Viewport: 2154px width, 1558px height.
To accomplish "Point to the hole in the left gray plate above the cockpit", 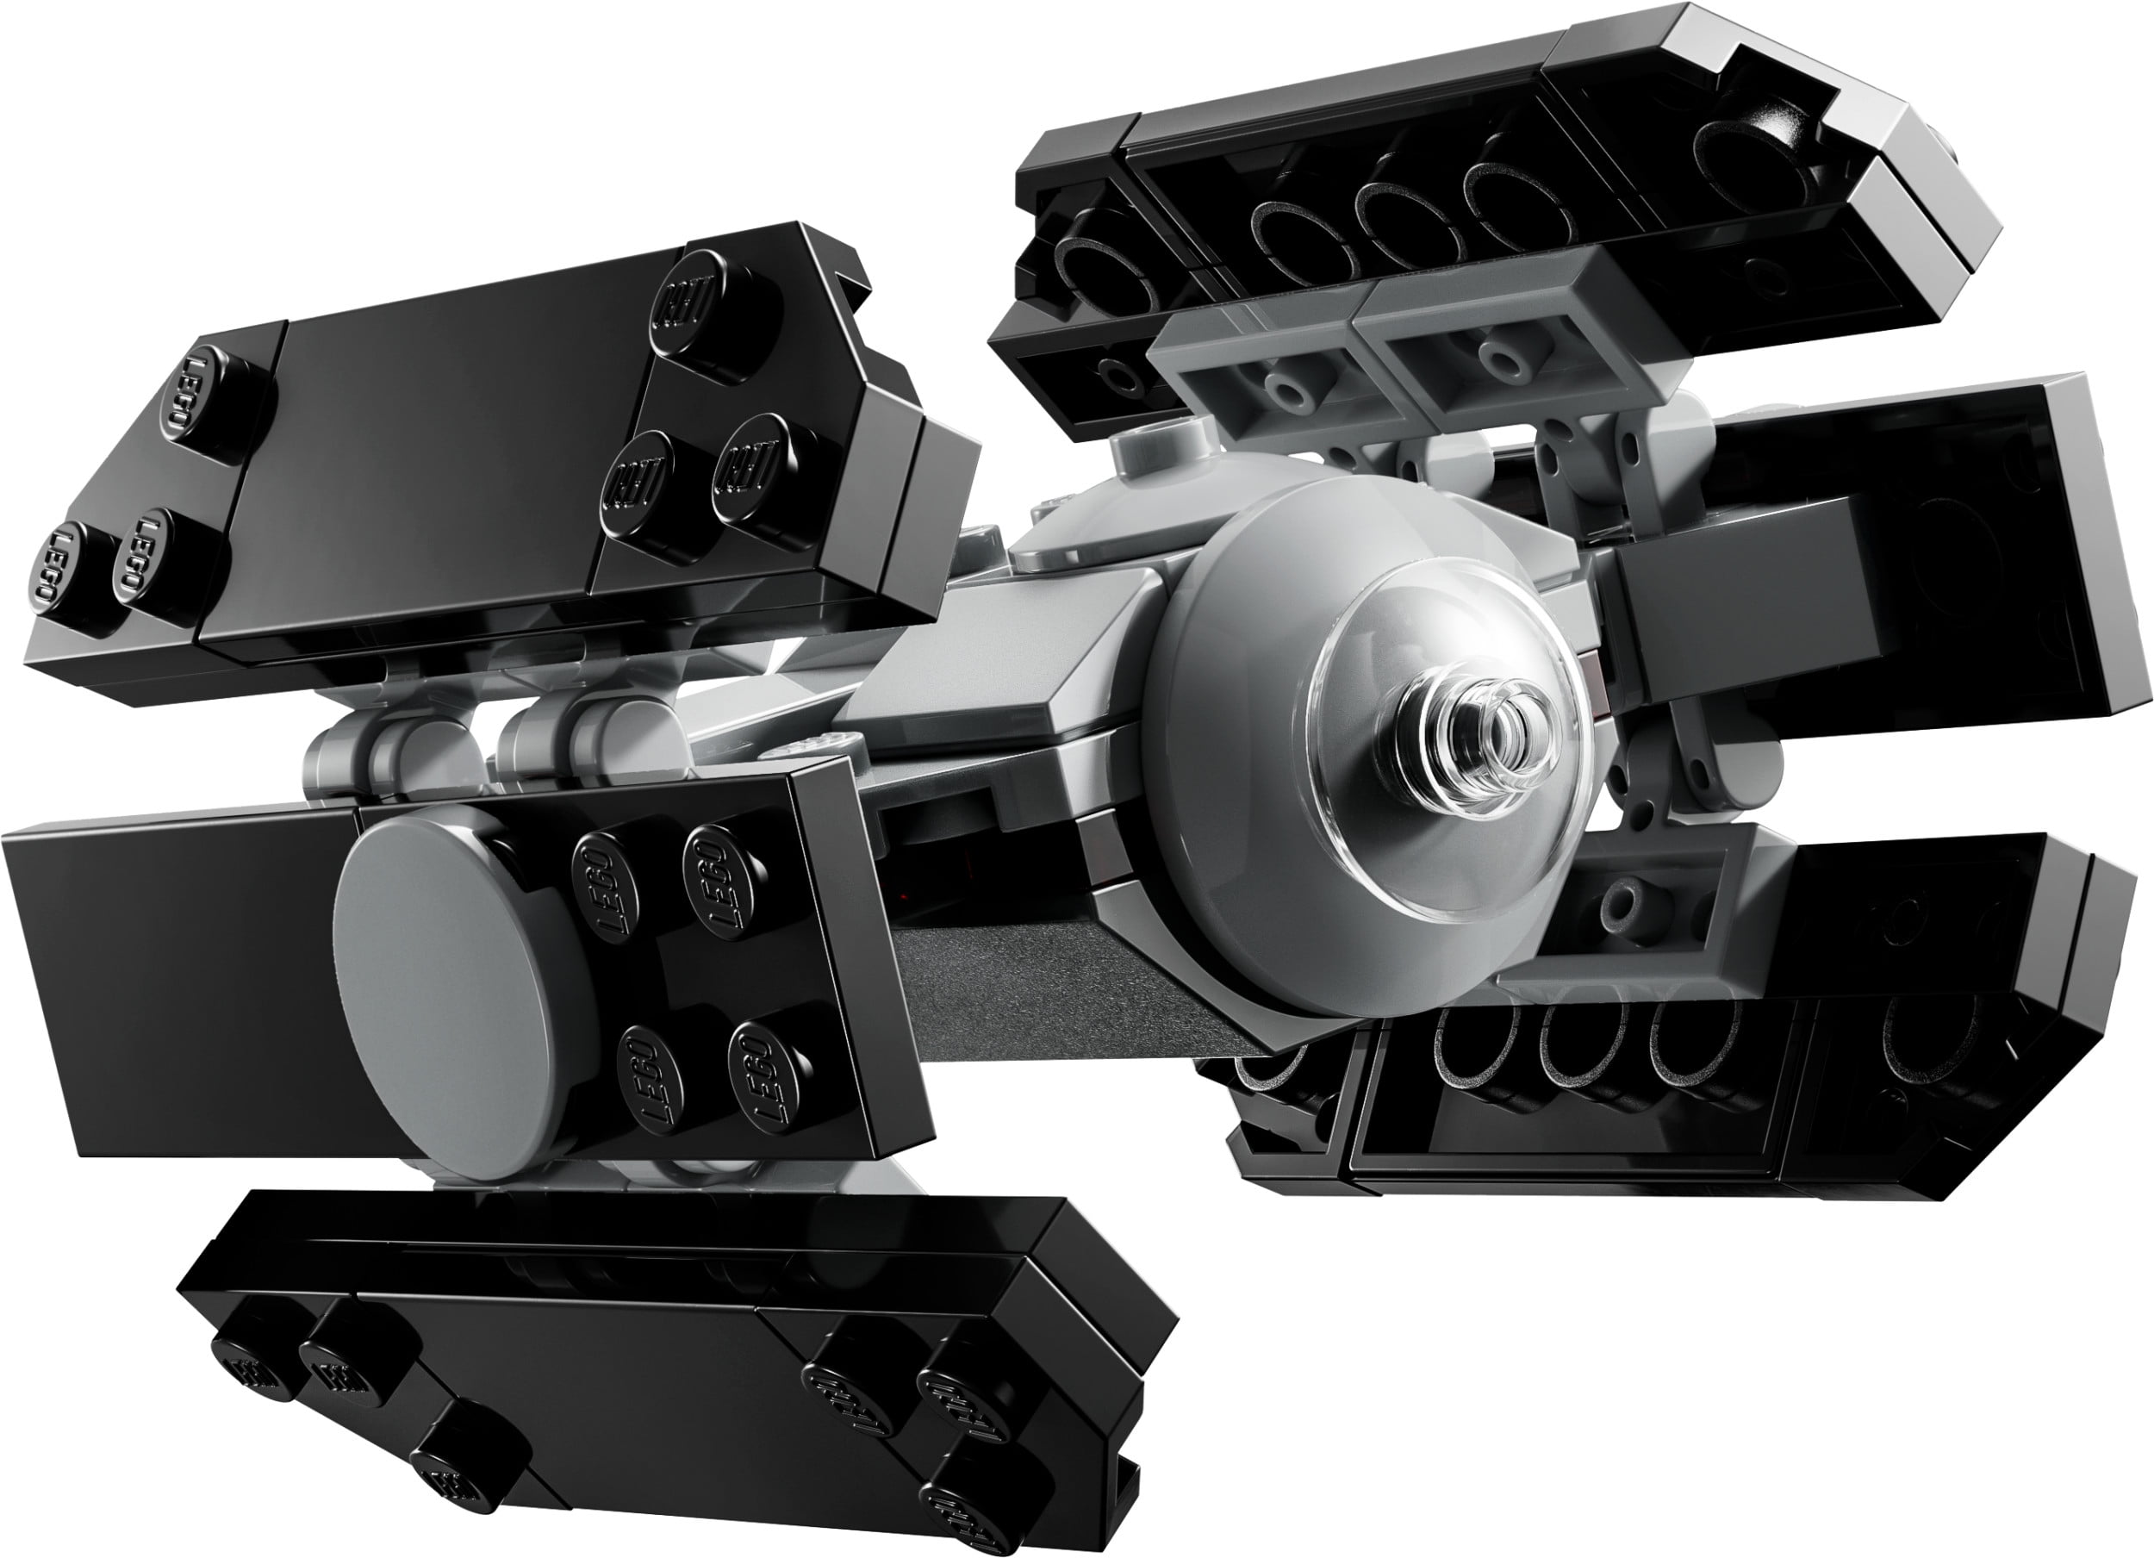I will (x=1287, y=391).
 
